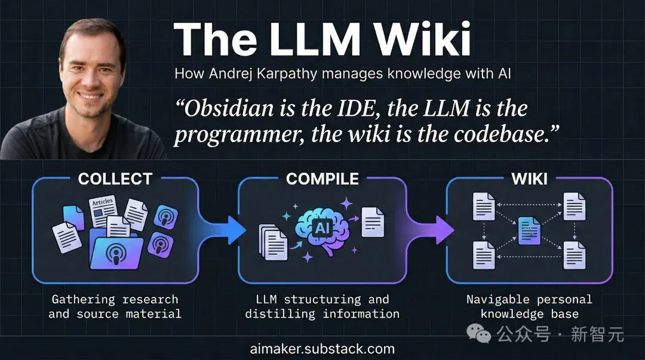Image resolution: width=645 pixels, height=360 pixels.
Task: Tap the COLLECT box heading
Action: pos(115,179)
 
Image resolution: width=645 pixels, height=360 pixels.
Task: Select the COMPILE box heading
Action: pos(322,179)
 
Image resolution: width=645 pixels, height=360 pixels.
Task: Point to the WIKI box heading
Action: pos(529,179)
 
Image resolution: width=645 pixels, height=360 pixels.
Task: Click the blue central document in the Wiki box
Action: pos(529,231)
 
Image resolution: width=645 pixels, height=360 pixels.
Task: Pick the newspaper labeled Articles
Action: pos(103,211)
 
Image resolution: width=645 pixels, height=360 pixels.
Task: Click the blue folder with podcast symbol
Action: pos(116,250)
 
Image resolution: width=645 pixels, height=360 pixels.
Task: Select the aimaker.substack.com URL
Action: pos(322,349)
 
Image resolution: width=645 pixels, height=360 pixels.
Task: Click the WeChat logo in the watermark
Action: pos(479,333)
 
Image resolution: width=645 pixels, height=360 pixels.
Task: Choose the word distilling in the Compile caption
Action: pos(280,315)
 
